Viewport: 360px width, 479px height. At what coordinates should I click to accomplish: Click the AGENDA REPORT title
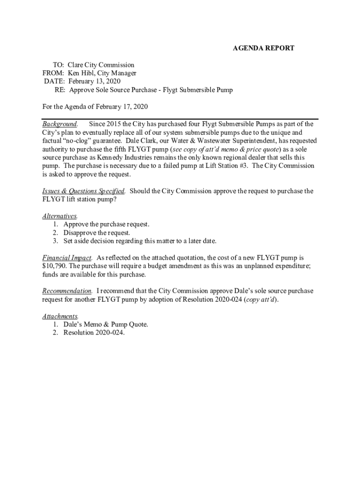264,48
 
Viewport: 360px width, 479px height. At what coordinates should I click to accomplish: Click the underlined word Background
59,124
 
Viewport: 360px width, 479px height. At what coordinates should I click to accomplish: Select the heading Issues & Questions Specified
83,191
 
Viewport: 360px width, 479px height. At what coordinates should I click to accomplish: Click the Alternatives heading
59,216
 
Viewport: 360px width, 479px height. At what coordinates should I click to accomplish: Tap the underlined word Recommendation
67,291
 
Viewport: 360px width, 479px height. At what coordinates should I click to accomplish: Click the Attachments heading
60,316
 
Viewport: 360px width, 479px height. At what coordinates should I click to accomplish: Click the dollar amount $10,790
55,266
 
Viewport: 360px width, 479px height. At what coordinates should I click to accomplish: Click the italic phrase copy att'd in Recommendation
260,299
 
